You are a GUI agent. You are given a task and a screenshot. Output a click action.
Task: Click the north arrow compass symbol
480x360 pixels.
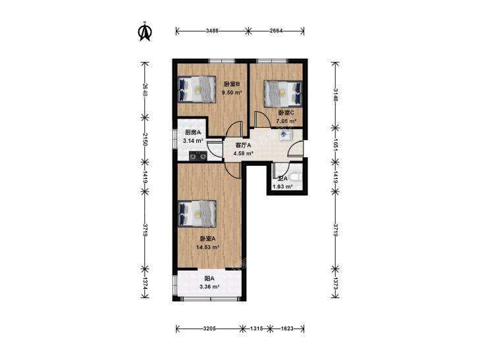point(145,31)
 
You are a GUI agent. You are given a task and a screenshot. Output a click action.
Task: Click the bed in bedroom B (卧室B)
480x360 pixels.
point(197,90)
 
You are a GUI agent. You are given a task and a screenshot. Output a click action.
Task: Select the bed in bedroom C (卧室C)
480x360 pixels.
point(283,93)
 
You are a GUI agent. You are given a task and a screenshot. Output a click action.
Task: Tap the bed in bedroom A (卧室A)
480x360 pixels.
point(197,214)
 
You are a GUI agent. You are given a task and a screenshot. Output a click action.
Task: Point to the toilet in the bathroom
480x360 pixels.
point(296,176)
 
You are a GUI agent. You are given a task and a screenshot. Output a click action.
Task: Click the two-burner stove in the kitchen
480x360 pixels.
point(198,156)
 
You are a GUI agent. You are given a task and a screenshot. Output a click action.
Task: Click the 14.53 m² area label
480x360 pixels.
point(208,247)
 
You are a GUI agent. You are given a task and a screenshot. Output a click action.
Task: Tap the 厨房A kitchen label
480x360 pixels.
point(193,132)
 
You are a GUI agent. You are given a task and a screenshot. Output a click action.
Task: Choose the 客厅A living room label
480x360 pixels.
point(243,145)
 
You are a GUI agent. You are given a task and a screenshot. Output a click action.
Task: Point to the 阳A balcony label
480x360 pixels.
point(209,278)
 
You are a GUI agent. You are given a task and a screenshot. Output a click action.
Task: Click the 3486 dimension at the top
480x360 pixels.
point(213,30)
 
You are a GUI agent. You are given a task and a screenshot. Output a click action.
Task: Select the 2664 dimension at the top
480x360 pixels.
point(277,30)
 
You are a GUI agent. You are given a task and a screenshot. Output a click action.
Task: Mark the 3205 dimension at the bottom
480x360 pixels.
point(209,328)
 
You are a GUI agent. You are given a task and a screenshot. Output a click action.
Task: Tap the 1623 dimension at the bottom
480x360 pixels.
point(287,328)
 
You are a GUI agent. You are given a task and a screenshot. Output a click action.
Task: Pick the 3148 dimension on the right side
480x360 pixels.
point(336,95)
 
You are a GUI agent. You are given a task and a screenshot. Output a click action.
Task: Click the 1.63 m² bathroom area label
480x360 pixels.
point(282,186)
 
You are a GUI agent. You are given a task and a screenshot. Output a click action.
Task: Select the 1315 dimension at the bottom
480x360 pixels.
point(256,328)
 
